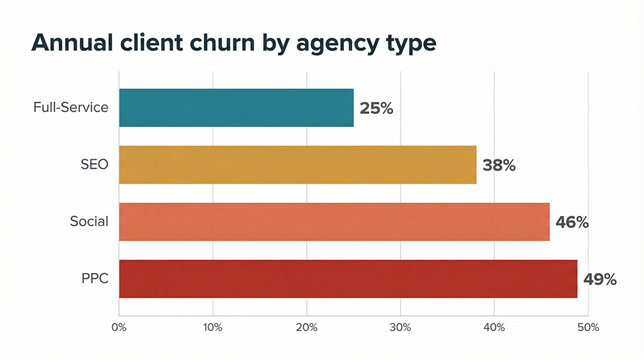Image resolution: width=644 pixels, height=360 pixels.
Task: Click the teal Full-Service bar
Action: click(x=236, y=108)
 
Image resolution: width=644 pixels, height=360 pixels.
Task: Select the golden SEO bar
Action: click(x=297, y=165)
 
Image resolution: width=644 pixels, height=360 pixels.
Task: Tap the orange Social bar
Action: click(x=334, y=222)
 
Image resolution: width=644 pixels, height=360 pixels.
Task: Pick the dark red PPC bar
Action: click(x=348, y=279)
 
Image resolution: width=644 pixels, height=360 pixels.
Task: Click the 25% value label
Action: click(x=376, y=108)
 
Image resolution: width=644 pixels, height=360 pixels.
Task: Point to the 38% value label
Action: click(x=499, y=166)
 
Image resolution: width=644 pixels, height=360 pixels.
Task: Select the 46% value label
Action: click(x=572, y=222)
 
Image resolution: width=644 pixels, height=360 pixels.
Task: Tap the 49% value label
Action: click(x=600, y=279)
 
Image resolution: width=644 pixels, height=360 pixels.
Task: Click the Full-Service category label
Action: click(x=70, y=108)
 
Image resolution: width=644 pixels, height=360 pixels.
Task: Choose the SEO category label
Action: click(x=94, y=165)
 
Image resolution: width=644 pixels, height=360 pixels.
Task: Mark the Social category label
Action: click(x=89, y=222)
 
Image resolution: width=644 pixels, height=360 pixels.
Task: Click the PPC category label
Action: click(x=95, y=279)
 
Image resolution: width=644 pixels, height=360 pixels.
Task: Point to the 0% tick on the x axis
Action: click(x=119, y=328)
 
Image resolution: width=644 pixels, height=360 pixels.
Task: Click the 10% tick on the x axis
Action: click(x=213, y=328)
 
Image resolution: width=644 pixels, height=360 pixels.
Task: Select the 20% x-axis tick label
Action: click(x=306, y=328)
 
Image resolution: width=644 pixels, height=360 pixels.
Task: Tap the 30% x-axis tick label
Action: click(x=400, y=328)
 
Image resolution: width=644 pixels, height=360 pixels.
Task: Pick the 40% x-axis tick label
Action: click(x=494, y=328)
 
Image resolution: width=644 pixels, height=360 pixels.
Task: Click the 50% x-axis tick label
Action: click(x=587, y=328)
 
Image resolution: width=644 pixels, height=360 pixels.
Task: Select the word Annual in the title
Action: click(x=70, y=42)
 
